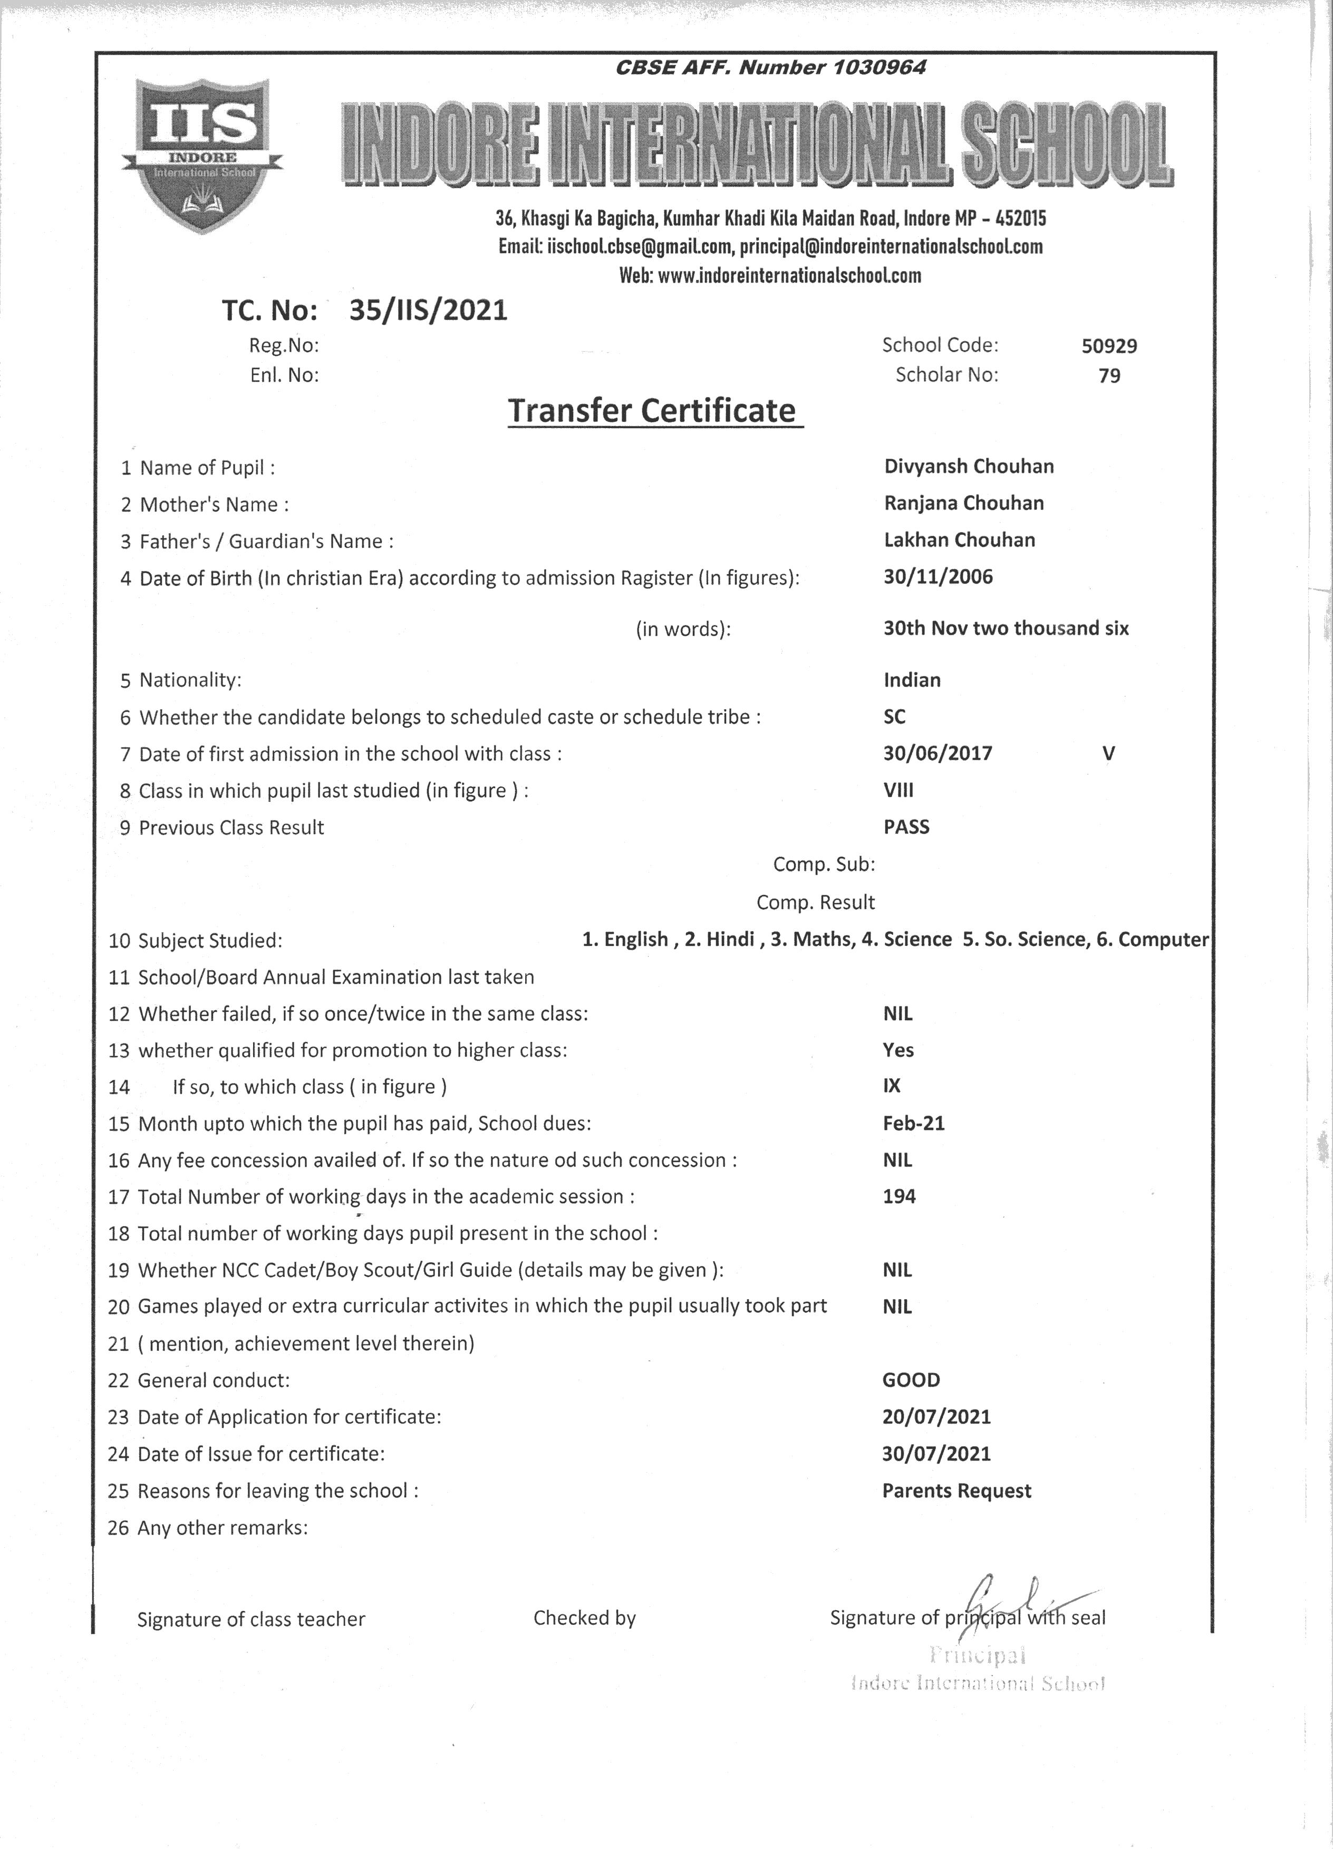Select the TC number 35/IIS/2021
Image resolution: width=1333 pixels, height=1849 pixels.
point(428,311)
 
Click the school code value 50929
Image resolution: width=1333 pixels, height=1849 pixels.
point(1109,346)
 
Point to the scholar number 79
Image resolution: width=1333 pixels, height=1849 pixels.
point(1109,376)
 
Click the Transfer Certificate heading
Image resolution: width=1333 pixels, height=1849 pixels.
point(652,410)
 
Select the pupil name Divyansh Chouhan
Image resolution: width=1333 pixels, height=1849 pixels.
point(969,466)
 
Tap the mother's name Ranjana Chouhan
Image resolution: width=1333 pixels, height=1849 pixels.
point(964,503)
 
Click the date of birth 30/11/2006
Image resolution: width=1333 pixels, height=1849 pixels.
point(939,577)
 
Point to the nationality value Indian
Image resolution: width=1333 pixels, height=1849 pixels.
point(912,680)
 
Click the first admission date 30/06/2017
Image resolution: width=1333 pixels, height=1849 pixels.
point(938,753)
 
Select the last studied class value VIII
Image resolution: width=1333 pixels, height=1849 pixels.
point(899,790)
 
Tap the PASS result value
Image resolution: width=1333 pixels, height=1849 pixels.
point(906,827)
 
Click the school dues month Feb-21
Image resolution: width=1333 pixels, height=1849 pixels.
point(913,1124)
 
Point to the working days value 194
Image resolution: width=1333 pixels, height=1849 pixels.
point(899,1197)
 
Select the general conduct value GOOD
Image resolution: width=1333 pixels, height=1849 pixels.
point(911,1380)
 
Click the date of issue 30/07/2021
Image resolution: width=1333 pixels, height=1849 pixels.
point(936,1454)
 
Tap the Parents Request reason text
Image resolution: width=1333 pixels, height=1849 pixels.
point(957,1491)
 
